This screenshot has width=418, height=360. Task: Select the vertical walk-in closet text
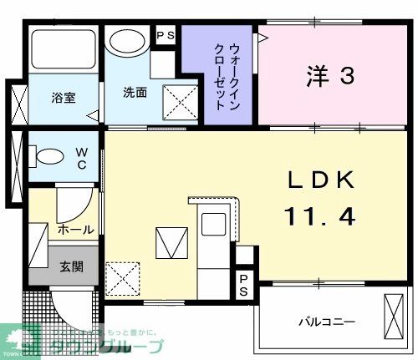click(x=221, y=74)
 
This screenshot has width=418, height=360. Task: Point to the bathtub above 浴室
click(x=63, y=51)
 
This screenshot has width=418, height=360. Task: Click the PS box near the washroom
click(x=165, y=36)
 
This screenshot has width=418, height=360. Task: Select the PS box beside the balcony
click(x=243, y=284)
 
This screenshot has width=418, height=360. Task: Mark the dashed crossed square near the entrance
click(x=122, y=277)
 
